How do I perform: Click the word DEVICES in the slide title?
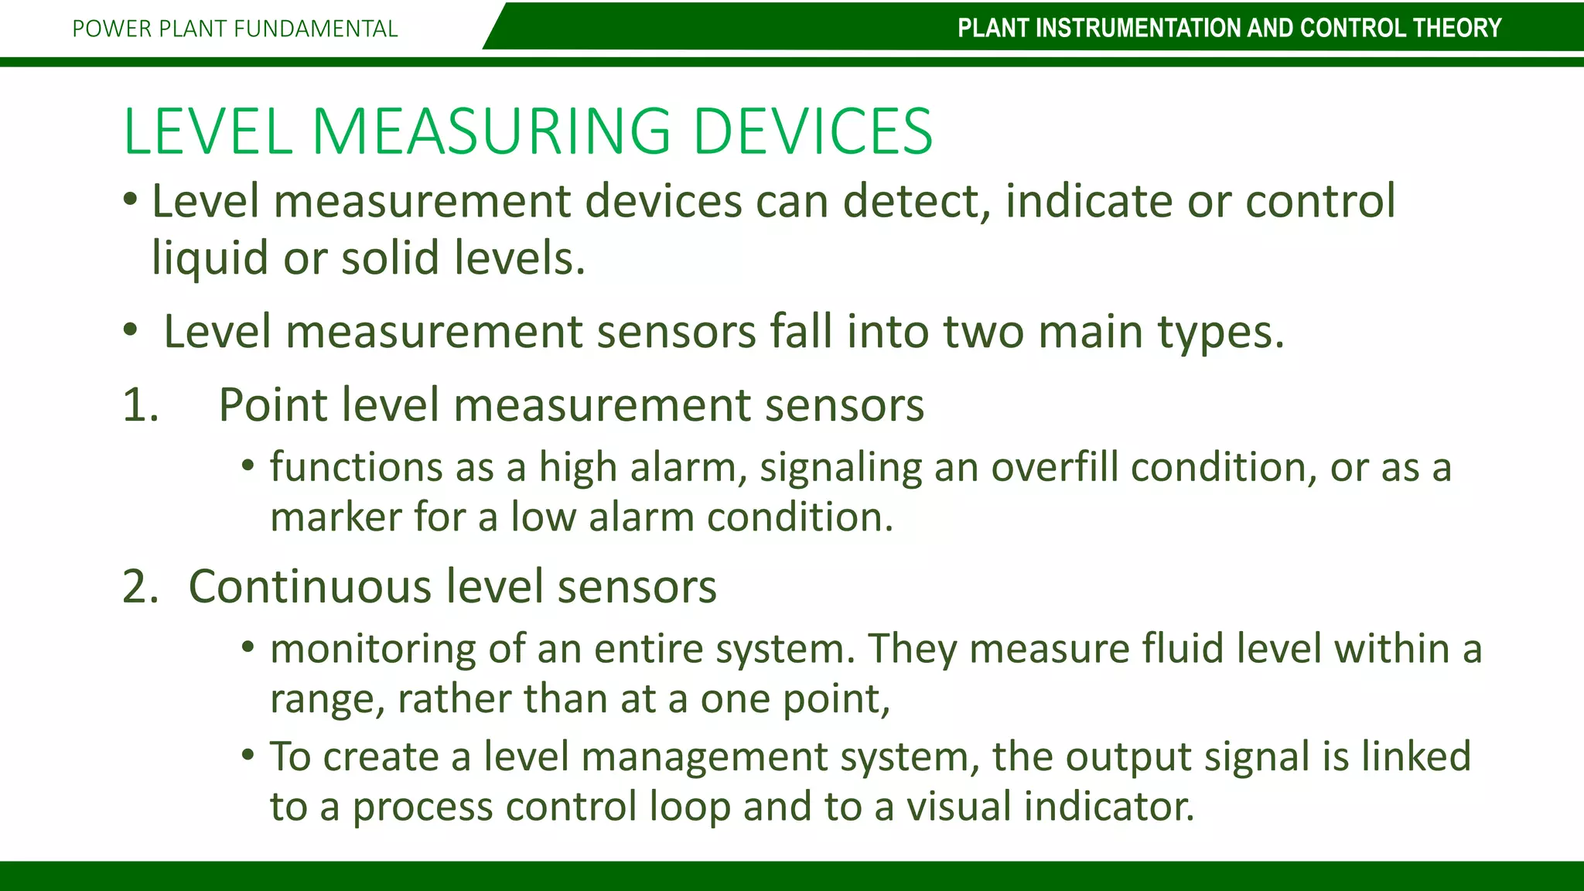[813, 131]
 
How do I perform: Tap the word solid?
[391, 258]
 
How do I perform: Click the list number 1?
[141, 405]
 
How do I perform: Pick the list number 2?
[141, 586]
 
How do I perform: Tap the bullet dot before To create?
[247, 753]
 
